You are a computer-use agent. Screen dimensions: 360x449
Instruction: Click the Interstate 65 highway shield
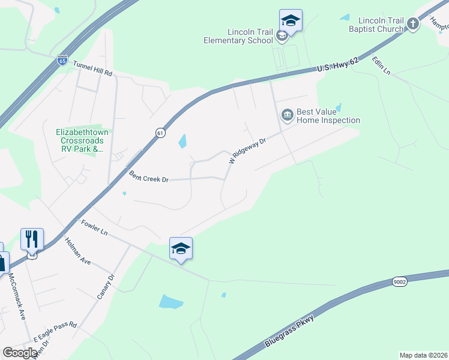62,61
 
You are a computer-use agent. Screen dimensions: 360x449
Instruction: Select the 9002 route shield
400,282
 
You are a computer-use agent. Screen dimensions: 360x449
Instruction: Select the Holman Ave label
77,253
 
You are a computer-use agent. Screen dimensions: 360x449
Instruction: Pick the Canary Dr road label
104,289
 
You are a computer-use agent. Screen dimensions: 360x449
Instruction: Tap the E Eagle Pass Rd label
55,331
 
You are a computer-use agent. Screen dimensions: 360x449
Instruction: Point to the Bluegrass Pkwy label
289,332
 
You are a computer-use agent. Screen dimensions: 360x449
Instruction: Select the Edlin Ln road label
381,65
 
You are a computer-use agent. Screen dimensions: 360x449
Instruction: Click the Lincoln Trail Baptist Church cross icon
412,24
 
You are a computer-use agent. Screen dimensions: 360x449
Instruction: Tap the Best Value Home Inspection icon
287,114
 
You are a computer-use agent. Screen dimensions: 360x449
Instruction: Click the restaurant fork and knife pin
32,239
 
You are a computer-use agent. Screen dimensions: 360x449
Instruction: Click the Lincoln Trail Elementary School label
250,36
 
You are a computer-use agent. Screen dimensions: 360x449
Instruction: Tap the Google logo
20,352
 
